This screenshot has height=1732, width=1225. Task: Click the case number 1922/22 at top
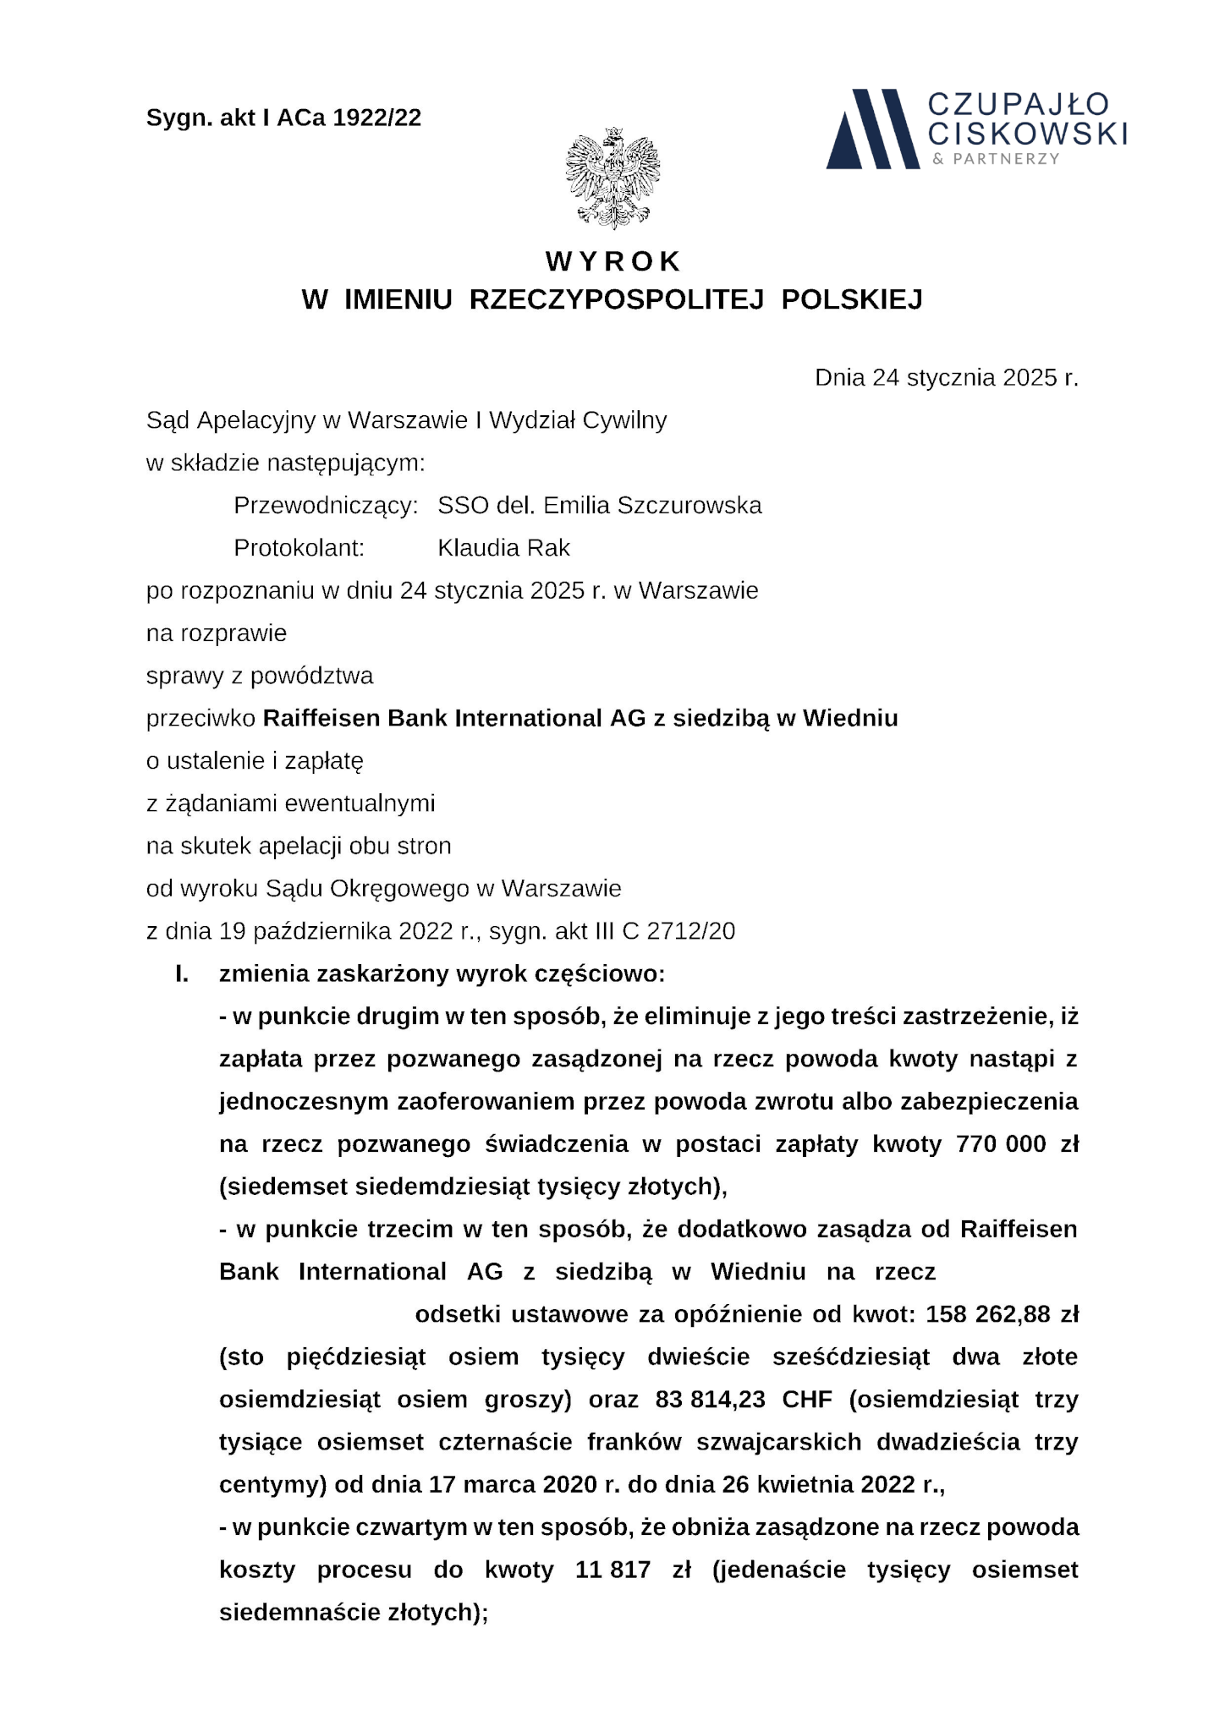(x=377, y=118)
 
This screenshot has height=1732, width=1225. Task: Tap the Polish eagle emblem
(x=612, y=178)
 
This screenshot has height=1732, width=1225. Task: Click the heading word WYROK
(x=612, y=261)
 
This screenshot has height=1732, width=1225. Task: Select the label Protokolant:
(x=299, y=548)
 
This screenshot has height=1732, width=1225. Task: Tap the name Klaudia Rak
(x=503, y=548)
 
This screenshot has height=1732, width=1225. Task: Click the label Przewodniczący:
(x=326, y=506)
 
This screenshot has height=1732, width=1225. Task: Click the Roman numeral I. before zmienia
(x=182, y=973)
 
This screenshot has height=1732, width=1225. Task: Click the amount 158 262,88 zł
(x=1003, y=1314)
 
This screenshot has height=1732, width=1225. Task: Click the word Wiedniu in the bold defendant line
(x=850, y=718)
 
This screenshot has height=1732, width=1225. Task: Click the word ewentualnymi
(x=360, y=803)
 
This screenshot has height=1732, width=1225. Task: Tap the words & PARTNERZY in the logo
(x=995, y=159)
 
